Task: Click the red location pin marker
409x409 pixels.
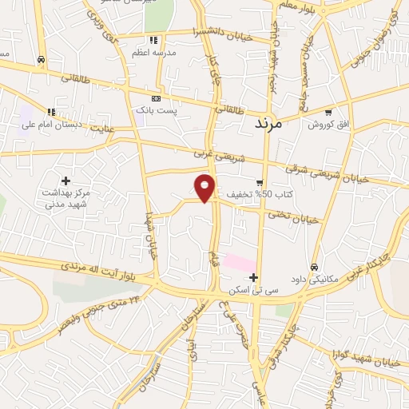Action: click(x=205, y=188)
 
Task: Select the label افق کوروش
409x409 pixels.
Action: click(x=325, y=125)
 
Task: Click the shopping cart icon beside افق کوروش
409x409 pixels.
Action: click(x=328, y=113)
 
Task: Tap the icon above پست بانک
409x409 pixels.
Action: click(x=155, y=98)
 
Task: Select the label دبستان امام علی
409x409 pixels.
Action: click(x=55, y=125)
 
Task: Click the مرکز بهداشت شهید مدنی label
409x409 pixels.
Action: click(x=66, y=198)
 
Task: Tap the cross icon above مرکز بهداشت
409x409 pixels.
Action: click(x=66, y=181)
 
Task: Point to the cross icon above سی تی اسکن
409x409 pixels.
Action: click(x=254, y=278)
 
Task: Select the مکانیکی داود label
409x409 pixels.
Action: click(x=315, y=280)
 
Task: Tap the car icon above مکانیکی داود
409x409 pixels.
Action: click(x=315, y=267)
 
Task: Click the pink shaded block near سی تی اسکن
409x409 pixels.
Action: click(x=239, y=262)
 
